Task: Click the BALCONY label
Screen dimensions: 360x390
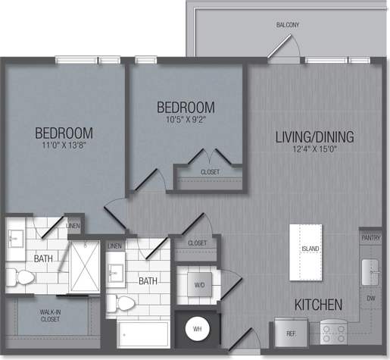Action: (287, 25)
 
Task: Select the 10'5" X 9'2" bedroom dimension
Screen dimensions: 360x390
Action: (186, 120)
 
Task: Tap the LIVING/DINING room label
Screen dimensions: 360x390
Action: (314, 137)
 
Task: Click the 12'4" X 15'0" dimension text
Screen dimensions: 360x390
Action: (314, 150)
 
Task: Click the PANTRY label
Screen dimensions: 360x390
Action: (370, 238)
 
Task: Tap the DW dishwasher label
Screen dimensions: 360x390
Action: (370, 299)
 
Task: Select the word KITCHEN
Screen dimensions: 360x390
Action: (318, 305)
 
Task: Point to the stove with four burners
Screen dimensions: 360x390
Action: (334, 331)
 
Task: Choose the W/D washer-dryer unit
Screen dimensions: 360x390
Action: (198, 286)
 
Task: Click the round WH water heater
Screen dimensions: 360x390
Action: (197, 330)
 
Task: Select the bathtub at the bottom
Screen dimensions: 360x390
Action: (144, 333)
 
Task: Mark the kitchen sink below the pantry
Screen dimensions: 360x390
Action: (370, 268)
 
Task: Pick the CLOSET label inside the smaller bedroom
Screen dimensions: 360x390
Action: (210, 173)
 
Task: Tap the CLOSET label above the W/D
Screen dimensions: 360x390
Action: (197, 243)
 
